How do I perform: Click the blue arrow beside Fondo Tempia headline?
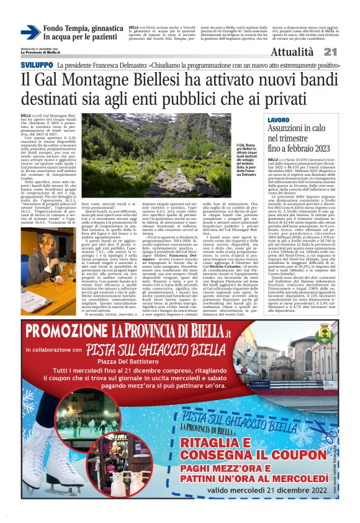[30, 32]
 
